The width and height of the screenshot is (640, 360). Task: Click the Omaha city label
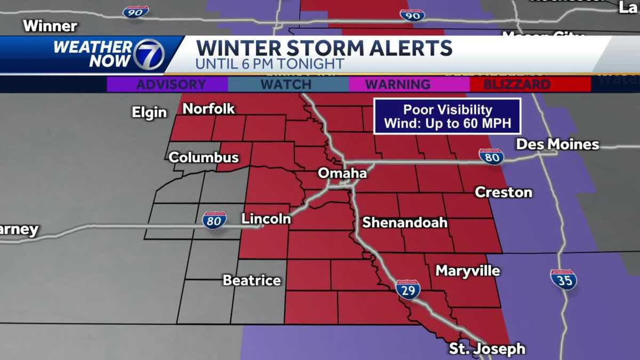(342, 174)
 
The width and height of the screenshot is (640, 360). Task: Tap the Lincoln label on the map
(266, 219)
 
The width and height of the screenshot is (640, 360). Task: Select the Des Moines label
(557, 145)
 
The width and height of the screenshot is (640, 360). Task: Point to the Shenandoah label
(405, 222)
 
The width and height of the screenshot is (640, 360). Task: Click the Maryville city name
(468, 271)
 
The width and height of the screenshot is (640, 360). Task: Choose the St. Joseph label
(486, 349)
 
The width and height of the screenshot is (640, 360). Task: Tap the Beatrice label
(251, 280)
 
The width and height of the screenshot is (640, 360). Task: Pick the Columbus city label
(203, 158)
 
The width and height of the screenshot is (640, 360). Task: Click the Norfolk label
(209, 109)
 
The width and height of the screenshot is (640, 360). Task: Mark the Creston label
(503, 192)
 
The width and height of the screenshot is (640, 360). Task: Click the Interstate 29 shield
(408, 289)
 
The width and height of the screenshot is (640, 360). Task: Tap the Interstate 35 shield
(563, 279)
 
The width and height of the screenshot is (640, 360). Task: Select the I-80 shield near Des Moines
(491, 156)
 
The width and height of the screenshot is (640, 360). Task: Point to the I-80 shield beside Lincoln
(214, 220)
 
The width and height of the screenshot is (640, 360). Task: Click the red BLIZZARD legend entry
(530, 84)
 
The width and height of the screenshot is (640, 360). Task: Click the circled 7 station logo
(149, 54)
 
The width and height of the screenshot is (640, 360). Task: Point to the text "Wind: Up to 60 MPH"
(447, 124)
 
